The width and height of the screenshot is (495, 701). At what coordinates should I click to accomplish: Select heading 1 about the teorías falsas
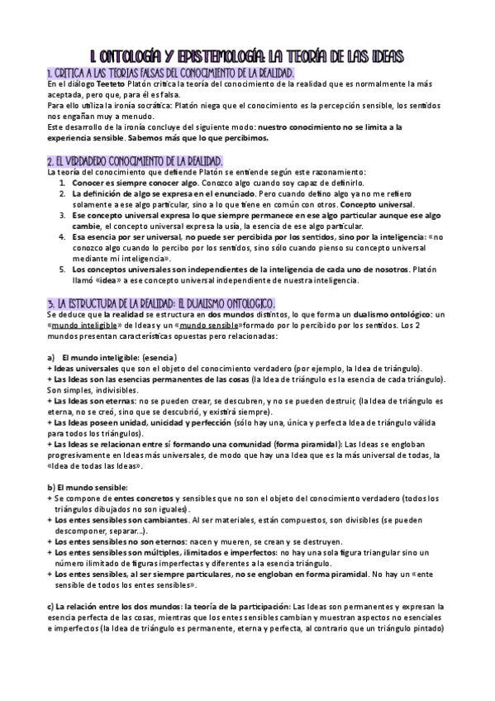[171, 73]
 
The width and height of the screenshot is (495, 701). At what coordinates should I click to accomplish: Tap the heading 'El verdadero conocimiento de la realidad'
[136, 160]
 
